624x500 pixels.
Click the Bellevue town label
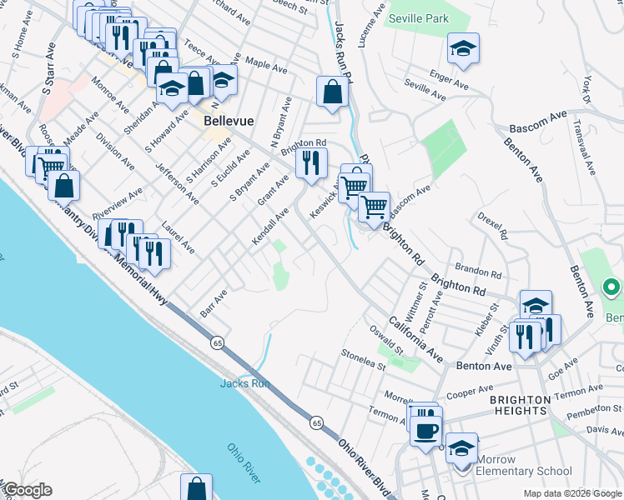coord(229,121)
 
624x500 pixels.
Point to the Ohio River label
coord(244,462)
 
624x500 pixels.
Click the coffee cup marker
coord(426,430)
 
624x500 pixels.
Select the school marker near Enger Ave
coord(463,49)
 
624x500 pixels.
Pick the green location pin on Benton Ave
coord(611,288)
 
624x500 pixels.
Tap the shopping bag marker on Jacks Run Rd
coord(332,92)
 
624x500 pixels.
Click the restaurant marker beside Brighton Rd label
coord(311,164)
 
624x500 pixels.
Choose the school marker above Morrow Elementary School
coord(461,448)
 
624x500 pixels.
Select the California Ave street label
coord(414,338)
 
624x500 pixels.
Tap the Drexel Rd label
coord(493,226)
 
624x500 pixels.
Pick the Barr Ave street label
coord(214,303)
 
